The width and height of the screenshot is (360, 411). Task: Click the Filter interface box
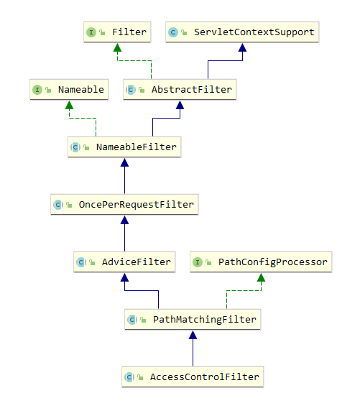[x=117, y=32]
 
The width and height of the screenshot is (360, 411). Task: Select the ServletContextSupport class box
[x=242, y=32]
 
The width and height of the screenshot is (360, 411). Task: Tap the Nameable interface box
[x=69, y=89]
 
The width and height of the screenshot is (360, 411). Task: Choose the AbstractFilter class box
[x=180, y=89]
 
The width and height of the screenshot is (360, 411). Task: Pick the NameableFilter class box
[x=124, y=147]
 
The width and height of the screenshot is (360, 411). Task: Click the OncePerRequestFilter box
[x=124, y=205]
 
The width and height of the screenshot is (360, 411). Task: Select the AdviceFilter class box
[x=124, y=262]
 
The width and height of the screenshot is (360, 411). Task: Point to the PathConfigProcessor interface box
[x=261, y=262]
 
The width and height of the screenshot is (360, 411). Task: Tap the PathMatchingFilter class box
[x=193, y=319]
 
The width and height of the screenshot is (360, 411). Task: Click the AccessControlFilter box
[x=193, y=377]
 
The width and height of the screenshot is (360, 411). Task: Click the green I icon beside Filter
[x=91, y=32]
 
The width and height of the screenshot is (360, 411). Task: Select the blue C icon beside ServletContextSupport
[x=173, y=32]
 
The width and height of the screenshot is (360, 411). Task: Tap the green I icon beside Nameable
[x=37, y=90]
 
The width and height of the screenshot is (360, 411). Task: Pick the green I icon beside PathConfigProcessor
[x=198, y=262]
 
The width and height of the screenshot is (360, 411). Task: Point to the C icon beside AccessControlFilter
[x=129, y=377]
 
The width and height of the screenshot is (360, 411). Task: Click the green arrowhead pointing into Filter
[x=117, y=47]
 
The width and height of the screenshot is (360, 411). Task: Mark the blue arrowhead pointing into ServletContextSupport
[x=243, y=47]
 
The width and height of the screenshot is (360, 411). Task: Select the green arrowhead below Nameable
[x=69, y=105]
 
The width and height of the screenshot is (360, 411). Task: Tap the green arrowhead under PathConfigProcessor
[x=261, y=277]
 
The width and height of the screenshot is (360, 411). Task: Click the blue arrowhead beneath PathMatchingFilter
[x=193, y=335]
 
